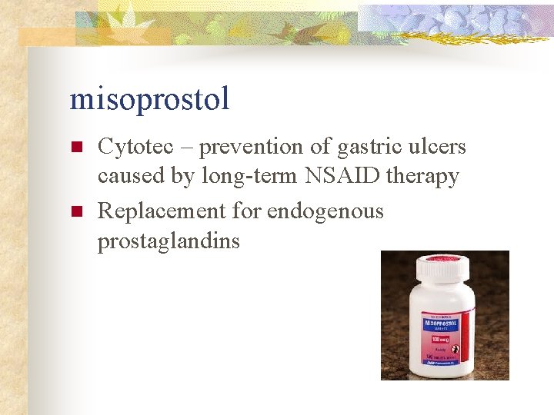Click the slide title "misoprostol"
click(x=149, y=99)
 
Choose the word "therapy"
click(x=424, y=176)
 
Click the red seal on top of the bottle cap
click(x=444, y=259)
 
